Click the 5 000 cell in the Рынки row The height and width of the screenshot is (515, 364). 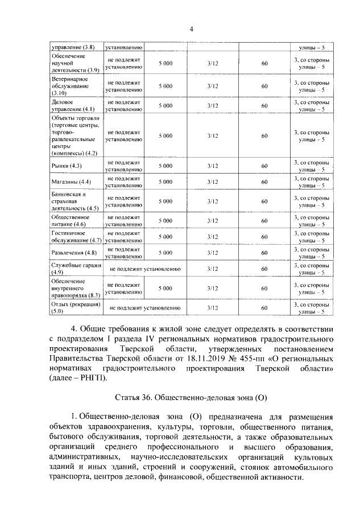166,166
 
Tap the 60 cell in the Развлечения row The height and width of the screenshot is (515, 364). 264,252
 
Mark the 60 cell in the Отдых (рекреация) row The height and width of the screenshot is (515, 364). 264,308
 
